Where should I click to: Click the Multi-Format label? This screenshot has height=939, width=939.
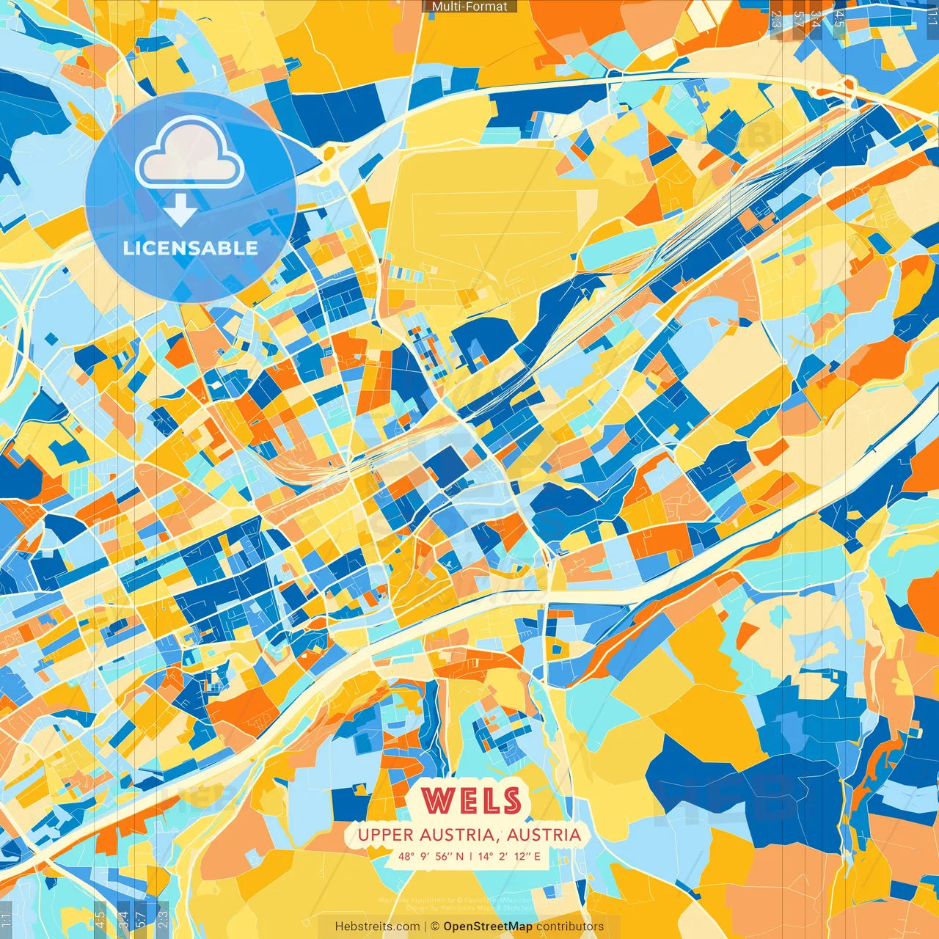click(469, 7)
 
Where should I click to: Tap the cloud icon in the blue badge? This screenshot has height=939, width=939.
click(189, 153)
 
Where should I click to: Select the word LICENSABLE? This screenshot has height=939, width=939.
click(191, 248)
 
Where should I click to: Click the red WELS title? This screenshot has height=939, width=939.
click(471, 801)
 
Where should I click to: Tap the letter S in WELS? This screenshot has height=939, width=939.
click(510, 801)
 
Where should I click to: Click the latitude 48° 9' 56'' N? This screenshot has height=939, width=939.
click(431, 856)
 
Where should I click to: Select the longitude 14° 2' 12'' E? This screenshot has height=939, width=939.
click(509, 856)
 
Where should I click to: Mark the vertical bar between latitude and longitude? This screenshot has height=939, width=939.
click(470, 856)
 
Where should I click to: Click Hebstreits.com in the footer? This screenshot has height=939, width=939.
click(377, 927)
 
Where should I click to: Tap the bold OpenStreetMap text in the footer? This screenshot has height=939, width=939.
click(488, 927)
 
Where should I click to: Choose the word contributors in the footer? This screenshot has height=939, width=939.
click(569, 927)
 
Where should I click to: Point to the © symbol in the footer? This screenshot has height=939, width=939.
click(435, 927)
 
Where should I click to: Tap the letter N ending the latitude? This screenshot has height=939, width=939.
click(460, 856)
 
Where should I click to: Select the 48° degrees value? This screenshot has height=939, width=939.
click(406, 856)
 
